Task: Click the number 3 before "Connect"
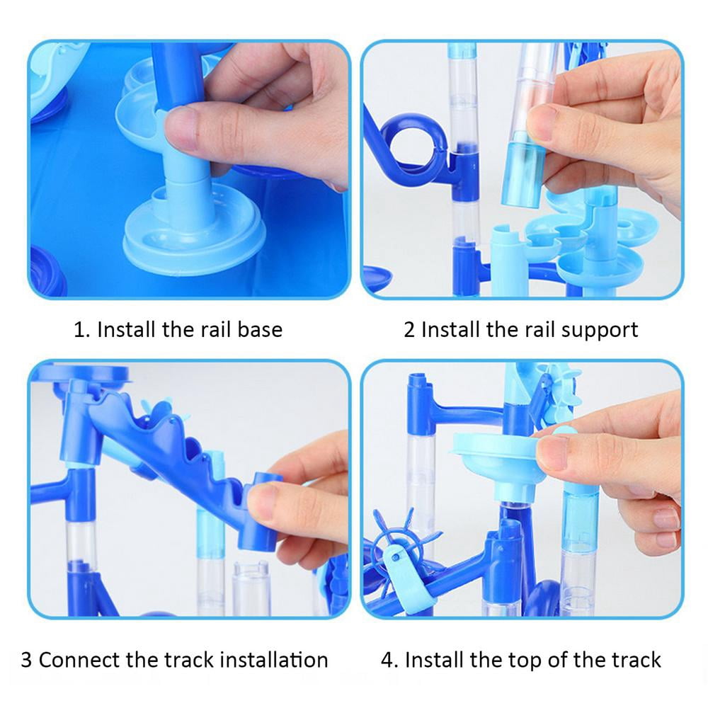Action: click(26, 660)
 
